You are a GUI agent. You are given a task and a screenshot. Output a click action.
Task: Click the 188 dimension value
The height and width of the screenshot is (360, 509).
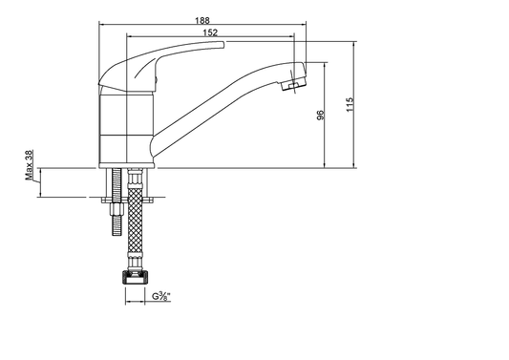tap(202, 20)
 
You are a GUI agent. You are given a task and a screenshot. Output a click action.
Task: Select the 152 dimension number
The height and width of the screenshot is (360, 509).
tap(210, 32)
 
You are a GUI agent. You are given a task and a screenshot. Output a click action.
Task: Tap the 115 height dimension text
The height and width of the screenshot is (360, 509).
tap(350, 104)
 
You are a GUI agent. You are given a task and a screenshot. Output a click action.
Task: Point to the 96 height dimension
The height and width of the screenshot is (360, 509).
tap(320, 115)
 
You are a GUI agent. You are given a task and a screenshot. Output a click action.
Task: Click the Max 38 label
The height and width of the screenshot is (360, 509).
tap(29, 165)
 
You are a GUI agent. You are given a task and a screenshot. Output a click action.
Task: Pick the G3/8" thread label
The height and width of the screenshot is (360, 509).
tap(161, 296)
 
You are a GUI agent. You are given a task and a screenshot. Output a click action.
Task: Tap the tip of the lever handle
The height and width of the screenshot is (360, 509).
tap(223, 45)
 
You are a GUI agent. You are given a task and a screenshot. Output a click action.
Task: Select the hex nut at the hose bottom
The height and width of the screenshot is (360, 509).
tap(135, 278)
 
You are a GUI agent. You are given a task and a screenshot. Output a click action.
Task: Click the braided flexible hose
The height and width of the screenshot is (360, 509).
tap(135, 222)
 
